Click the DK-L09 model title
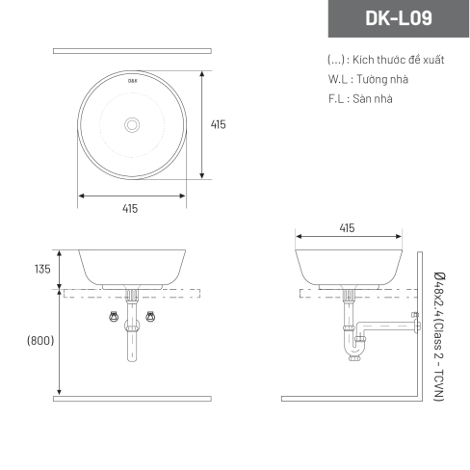click(x=399, y=18)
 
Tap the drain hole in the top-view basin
click(x=132, y=125)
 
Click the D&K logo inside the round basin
click(x=133, y=81)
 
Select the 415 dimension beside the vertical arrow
click(x=219, y=124)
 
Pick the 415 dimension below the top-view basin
click(x=130, y=209)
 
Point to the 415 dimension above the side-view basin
click(x=347, y=228)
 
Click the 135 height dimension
click(x=42, y=269)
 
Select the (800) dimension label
click(x=40, y=340)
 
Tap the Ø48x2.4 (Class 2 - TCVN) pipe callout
click(x=439, y=336)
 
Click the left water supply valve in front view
click(x=114, y=317)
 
